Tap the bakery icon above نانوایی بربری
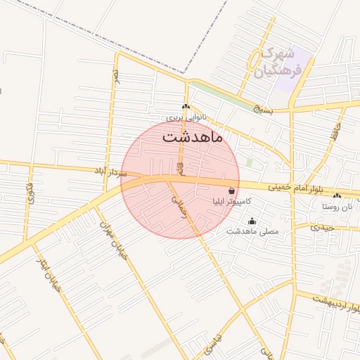tap(186, 108)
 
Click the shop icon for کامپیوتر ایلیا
tap(232, 191)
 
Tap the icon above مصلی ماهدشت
tap(252, 221)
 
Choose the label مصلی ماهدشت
tap(252, 231)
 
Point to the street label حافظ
tap(337, 129)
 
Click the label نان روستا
tap(337, 207)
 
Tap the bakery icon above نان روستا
tap(337, 196)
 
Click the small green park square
tap(249, 162)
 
